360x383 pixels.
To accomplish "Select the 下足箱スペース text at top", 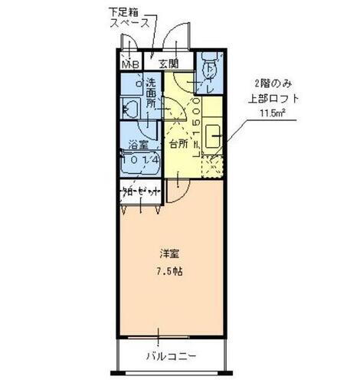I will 131,18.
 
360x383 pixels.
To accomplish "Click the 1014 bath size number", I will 141,161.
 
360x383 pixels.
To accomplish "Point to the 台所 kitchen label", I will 178,143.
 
